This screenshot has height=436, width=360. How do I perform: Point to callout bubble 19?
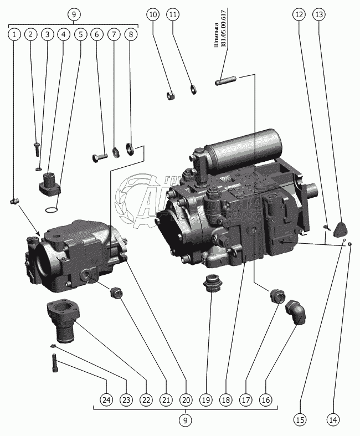[x=206, y=398]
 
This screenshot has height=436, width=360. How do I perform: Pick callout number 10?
[x=153, y=15]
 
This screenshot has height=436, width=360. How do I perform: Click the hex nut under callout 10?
[x=171, y=96]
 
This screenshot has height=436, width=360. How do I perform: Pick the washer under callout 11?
[x=193, y=89]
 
